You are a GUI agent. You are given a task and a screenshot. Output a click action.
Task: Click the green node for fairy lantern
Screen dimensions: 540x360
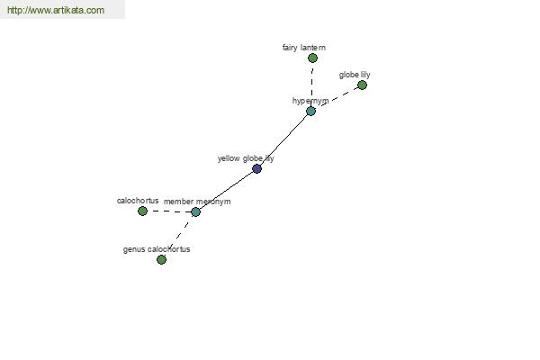(x=312, y=58)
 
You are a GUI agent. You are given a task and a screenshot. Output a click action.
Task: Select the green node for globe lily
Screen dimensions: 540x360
(x=362, y=85)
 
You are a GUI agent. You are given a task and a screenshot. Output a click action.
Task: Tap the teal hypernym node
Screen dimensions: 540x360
(x=310, y=111)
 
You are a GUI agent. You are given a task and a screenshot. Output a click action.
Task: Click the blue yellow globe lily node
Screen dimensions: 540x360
(x=256, y=168)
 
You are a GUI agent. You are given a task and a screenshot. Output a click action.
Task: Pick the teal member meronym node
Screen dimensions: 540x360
(x=195, y=211)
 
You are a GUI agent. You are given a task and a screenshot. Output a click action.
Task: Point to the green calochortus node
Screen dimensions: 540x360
(x=142, y=211)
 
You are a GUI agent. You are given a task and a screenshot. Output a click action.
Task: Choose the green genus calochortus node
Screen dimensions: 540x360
(x=161, y=259)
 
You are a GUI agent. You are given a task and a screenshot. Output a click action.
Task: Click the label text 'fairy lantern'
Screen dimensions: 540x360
(x=304, y=48)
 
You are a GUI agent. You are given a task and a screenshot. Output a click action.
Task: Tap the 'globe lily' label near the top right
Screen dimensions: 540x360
(x=355, y=75)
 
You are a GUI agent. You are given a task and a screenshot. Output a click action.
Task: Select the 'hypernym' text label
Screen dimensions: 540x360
(x=310, y=101)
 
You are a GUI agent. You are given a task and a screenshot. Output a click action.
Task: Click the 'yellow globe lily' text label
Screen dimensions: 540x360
(x=246, y=158)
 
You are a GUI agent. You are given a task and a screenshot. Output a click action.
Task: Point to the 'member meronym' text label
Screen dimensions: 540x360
(x=197, y=202)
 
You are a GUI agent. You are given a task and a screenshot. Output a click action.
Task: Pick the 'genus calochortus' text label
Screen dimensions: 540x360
(x=157, y=249)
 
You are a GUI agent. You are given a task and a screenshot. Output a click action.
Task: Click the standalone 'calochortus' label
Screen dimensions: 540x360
(x=138, y=201)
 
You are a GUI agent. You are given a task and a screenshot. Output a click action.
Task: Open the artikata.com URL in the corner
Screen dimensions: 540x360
(x=56, y=10)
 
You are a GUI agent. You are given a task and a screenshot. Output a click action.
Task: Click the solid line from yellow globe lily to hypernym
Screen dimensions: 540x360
(x=283, y=139)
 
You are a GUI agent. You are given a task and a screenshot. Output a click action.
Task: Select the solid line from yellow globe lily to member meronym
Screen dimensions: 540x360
(x=226, y=190)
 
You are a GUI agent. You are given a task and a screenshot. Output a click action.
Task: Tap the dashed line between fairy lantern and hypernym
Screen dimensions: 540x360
(x=311, y=85)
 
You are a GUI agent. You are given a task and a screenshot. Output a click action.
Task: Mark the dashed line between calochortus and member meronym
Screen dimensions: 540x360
(x=169, y=211)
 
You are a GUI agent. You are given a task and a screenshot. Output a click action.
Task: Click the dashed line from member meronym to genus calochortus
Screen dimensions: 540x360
(x=178, y=236)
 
